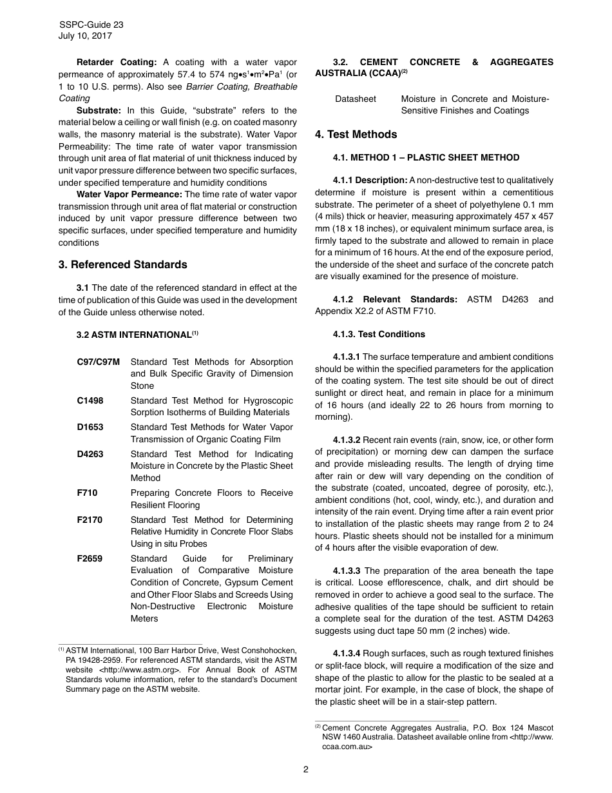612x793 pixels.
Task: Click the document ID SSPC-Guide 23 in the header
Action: [91, 24]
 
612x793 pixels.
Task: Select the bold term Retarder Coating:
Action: [117, 63]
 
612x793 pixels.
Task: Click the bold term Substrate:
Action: [99, 111]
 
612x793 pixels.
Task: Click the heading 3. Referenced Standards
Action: [122, 265]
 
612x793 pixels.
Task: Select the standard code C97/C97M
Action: [98, 362]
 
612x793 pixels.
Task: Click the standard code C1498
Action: [90, 401]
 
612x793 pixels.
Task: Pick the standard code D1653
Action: [90, 427]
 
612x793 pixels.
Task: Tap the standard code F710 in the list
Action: [87, 493]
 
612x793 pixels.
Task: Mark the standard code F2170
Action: [90, 520]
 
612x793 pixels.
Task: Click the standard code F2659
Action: [90, 559]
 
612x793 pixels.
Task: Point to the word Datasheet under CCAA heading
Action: [356, 99]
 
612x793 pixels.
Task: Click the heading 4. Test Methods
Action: [356, 135]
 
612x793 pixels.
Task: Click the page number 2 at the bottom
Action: [306, 769]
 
